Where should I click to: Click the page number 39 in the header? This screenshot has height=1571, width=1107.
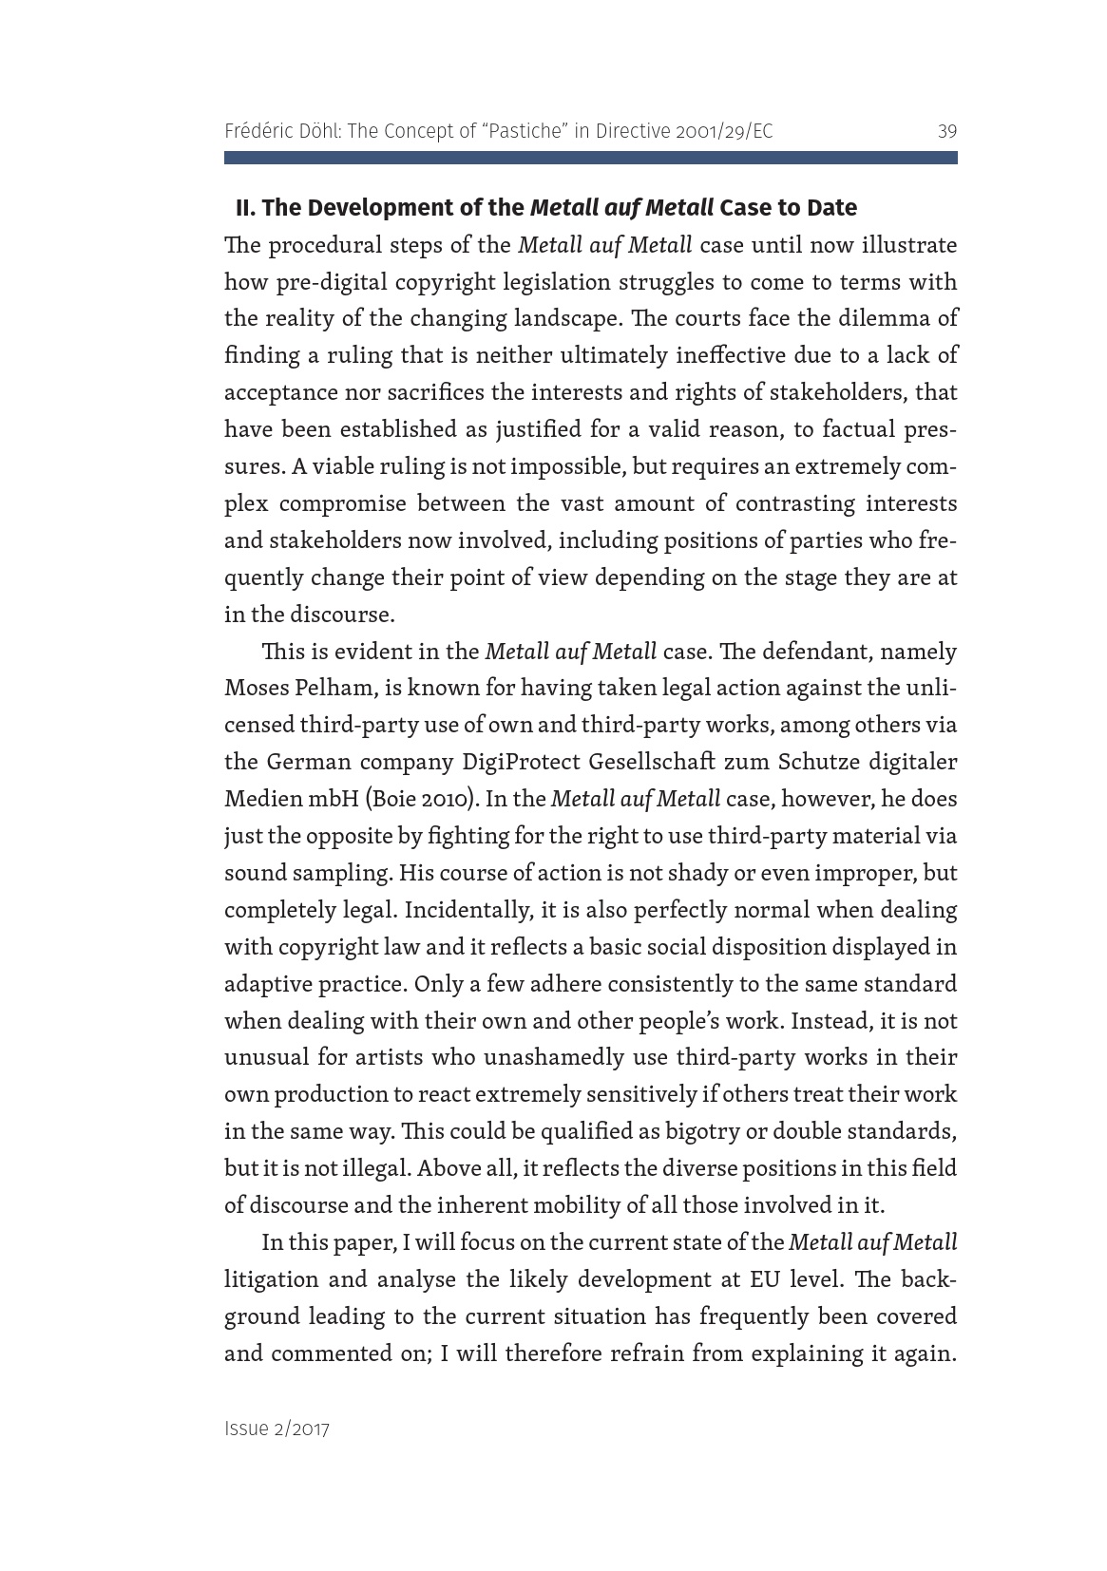pyautogui.click(x=946, y=131)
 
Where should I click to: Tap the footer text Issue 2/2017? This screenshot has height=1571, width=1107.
pyautogui.click(x=277, y=1429)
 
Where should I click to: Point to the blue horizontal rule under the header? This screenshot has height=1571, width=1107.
pyautogui.click(x=590, y=158)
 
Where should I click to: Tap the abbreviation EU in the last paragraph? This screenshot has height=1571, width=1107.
pyautogui.click(x=764, y=1279)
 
